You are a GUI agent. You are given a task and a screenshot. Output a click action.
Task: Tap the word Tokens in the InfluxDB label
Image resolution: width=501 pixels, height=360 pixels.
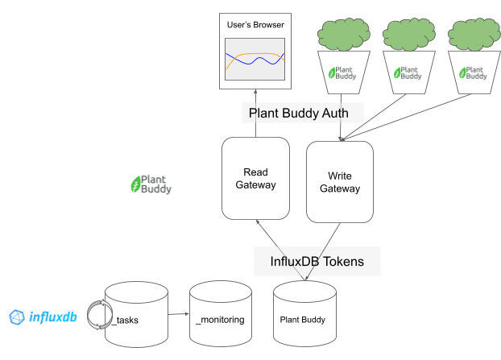338,261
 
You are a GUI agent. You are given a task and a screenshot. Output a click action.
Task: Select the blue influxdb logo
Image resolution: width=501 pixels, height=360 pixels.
43,317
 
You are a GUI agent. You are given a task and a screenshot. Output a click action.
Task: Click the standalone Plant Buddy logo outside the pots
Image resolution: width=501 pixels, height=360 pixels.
151,184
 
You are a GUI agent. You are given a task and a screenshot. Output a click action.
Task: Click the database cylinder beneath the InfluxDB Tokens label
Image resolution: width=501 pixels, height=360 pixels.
304,314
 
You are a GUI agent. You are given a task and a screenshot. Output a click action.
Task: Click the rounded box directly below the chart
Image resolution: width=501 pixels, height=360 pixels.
255,179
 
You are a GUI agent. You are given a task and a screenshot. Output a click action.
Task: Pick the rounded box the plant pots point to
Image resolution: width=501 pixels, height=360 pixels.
340,181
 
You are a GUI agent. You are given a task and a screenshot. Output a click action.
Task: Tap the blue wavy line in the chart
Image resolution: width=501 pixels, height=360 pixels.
254,62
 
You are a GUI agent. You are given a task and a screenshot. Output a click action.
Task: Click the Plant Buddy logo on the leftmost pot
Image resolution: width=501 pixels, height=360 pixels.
342,72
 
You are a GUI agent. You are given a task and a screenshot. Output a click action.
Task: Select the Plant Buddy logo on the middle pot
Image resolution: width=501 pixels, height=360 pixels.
408,72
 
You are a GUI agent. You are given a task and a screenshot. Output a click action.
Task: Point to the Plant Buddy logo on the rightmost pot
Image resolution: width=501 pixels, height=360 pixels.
473,72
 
